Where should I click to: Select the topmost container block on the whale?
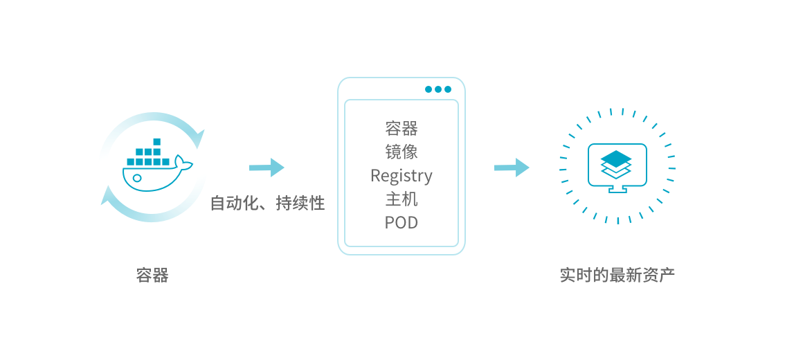pyautogui.click(x=156, y=142)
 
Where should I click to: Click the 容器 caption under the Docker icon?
pyautogui.click(x=152, y=275)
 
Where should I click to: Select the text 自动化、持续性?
pyautogui.click(x=267, y=203)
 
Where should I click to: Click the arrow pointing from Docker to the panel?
pyautogui.click(x=267, y=167)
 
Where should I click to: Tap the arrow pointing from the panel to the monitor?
pyautogui.click(x=512, y=167)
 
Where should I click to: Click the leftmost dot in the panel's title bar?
pyautogui.click(x=428, y=89)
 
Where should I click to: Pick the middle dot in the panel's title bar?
pyautogui.click(x=438, y=89)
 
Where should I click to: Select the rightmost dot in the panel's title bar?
pyautogui.click(x=448, y=89)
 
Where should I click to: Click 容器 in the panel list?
pyautogui.click(x=401, y=128)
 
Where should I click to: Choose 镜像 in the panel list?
pyautogui.click(x=401, y=152)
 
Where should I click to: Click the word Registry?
pyautogui.click(x=401, y=176)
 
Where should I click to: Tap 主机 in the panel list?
pyautogui.click(x=401, y=199)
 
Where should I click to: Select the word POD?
pyautogui.click(x=401, y=223)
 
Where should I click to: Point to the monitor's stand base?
pyautogui.click(x=617, y=190)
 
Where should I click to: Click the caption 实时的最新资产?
pyautogui.click(x=617, y=275)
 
